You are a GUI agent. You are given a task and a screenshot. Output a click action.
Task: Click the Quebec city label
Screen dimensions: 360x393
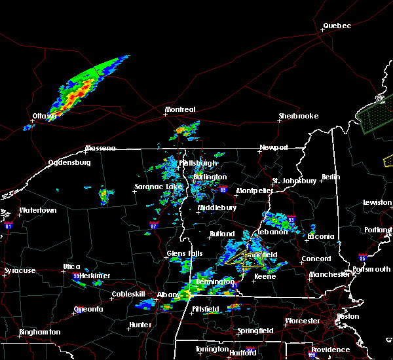click(337, 26)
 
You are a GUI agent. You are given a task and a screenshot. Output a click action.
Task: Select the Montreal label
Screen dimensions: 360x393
click(180, 109)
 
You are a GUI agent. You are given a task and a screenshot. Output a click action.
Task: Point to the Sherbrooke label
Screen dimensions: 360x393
click(298, 116)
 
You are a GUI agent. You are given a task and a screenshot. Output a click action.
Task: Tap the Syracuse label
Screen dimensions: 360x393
click(20, 270)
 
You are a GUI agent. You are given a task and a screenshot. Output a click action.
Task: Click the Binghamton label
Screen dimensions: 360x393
click(39, 332)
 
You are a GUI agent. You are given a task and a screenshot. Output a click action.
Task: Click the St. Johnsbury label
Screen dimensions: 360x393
click(295, 180)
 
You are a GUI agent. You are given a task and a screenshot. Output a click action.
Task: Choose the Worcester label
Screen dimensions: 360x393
click(302, 321)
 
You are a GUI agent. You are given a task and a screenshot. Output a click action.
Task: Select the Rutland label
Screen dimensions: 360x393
click(221, 234)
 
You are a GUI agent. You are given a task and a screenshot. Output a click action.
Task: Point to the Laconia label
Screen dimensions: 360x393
click(321, 236)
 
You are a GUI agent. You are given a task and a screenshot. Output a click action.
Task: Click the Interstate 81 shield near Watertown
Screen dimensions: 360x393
click(9, 225)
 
